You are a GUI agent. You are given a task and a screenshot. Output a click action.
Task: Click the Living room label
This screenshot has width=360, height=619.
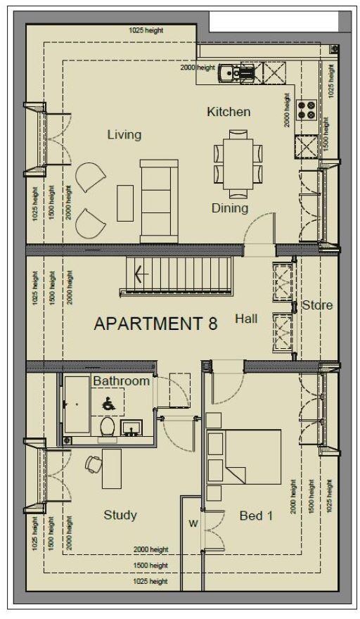pos(124,134)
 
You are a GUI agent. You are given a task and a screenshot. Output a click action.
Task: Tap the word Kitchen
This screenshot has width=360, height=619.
pos(229,112)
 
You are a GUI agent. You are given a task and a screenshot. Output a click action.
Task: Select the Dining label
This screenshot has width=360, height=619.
pos(230,208)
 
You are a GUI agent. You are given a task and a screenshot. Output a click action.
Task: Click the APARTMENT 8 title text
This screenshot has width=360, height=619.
pos(155,324)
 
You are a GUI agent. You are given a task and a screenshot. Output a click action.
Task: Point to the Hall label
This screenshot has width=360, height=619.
pos(246,319)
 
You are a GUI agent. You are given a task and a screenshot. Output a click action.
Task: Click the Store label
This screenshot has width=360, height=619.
pos(317,305)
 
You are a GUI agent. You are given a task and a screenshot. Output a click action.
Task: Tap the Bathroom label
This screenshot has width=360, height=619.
pos(122,381)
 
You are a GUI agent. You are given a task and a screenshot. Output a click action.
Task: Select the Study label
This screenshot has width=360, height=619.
pos(120,515)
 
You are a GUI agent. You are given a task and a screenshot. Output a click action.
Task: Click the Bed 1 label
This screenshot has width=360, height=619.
pos(256,516)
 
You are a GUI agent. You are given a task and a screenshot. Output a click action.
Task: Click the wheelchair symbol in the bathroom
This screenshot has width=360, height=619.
pos(109,404)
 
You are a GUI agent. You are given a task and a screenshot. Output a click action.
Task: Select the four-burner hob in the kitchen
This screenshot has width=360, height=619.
pos(307,109)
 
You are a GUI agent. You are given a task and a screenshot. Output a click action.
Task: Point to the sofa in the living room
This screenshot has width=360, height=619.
pos(155,200)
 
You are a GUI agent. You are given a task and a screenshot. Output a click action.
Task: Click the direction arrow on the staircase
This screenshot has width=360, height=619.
pos(139,274)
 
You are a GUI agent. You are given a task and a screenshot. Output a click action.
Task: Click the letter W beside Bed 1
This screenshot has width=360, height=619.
pos(192,523)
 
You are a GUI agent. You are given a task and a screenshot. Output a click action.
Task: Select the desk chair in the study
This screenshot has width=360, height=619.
pos(94,464)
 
